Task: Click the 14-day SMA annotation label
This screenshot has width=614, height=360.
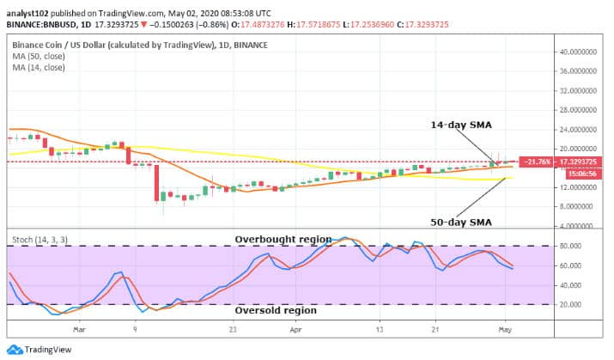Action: coord(460,125)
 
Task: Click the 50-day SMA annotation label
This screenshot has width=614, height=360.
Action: coord(461,222)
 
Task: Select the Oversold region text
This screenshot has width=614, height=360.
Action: coord(276,310)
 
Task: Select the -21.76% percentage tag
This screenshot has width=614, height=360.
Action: coord(540,162)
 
